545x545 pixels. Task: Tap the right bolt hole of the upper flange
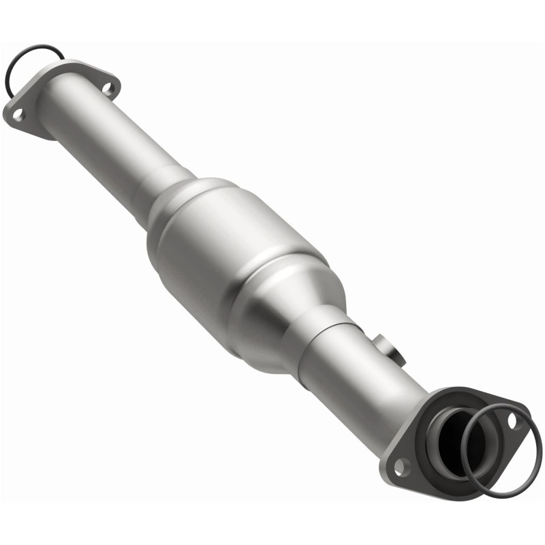(107, 87)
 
